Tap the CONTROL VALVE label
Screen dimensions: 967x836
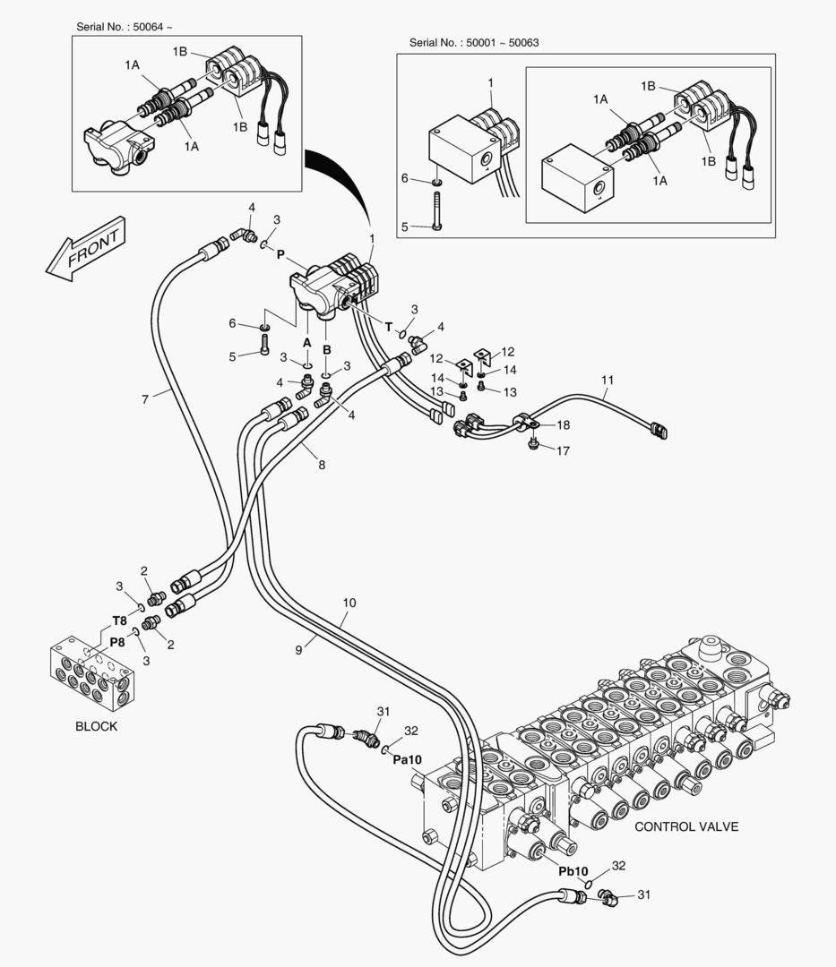[x=686, y=826]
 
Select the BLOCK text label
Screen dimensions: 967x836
[x=96, y=726]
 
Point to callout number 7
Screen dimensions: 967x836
[x=144, y=398]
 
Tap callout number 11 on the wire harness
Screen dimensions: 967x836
[x=608, y=380]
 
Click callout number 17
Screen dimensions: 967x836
[x=563, y=451]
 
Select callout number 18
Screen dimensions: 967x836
[x=563, y=424]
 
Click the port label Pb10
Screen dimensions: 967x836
[x=573, y=870]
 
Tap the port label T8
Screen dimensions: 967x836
[x=119, y=620]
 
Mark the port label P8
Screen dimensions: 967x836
[x=117, y=642]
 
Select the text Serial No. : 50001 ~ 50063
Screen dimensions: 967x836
[x=473, y=43]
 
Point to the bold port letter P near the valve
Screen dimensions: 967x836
[x=280, y=254]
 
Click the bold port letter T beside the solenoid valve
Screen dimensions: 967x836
[x=389, y=328]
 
